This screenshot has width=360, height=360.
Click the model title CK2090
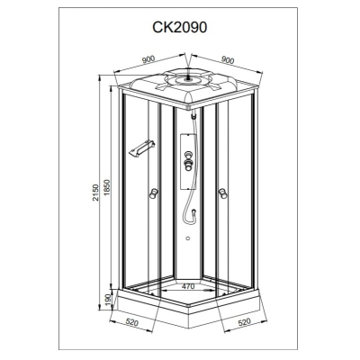point(180,28)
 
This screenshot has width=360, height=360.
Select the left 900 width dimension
point(148,59)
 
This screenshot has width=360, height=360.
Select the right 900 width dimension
point(228,59)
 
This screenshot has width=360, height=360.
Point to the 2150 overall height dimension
point(95,193)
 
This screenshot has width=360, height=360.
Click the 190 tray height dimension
point(108,299)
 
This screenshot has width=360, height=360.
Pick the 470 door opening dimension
point(188,286)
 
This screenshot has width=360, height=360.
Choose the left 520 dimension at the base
point(132,323)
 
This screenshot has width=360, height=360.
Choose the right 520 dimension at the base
point(244,322)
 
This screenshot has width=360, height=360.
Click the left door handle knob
point(153,193)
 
